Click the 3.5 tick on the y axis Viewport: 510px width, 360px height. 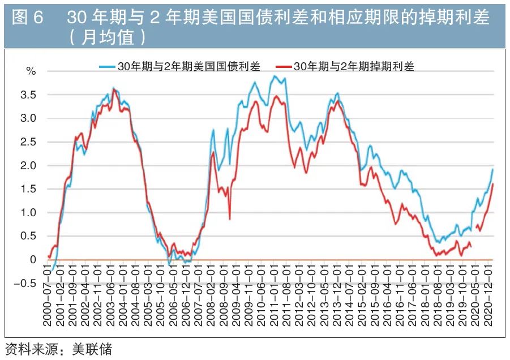[x=29, y=95]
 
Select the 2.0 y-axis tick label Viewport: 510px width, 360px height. [x=29, y=166]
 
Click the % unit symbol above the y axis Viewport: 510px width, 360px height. [x=31, y=71]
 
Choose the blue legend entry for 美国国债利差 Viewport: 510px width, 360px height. [x=180, y=66]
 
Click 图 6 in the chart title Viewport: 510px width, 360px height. [x=27, y=18]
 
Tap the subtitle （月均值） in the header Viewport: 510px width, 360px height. [x=108, y=37]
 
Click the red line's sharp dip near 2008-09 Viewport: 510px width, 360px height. [x=230, y=219]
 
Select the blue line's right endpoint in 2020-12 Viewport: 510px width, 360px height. [x=492, y=169]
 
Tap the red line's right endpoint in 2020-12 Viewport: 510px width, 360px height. [x=492, y=183]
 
